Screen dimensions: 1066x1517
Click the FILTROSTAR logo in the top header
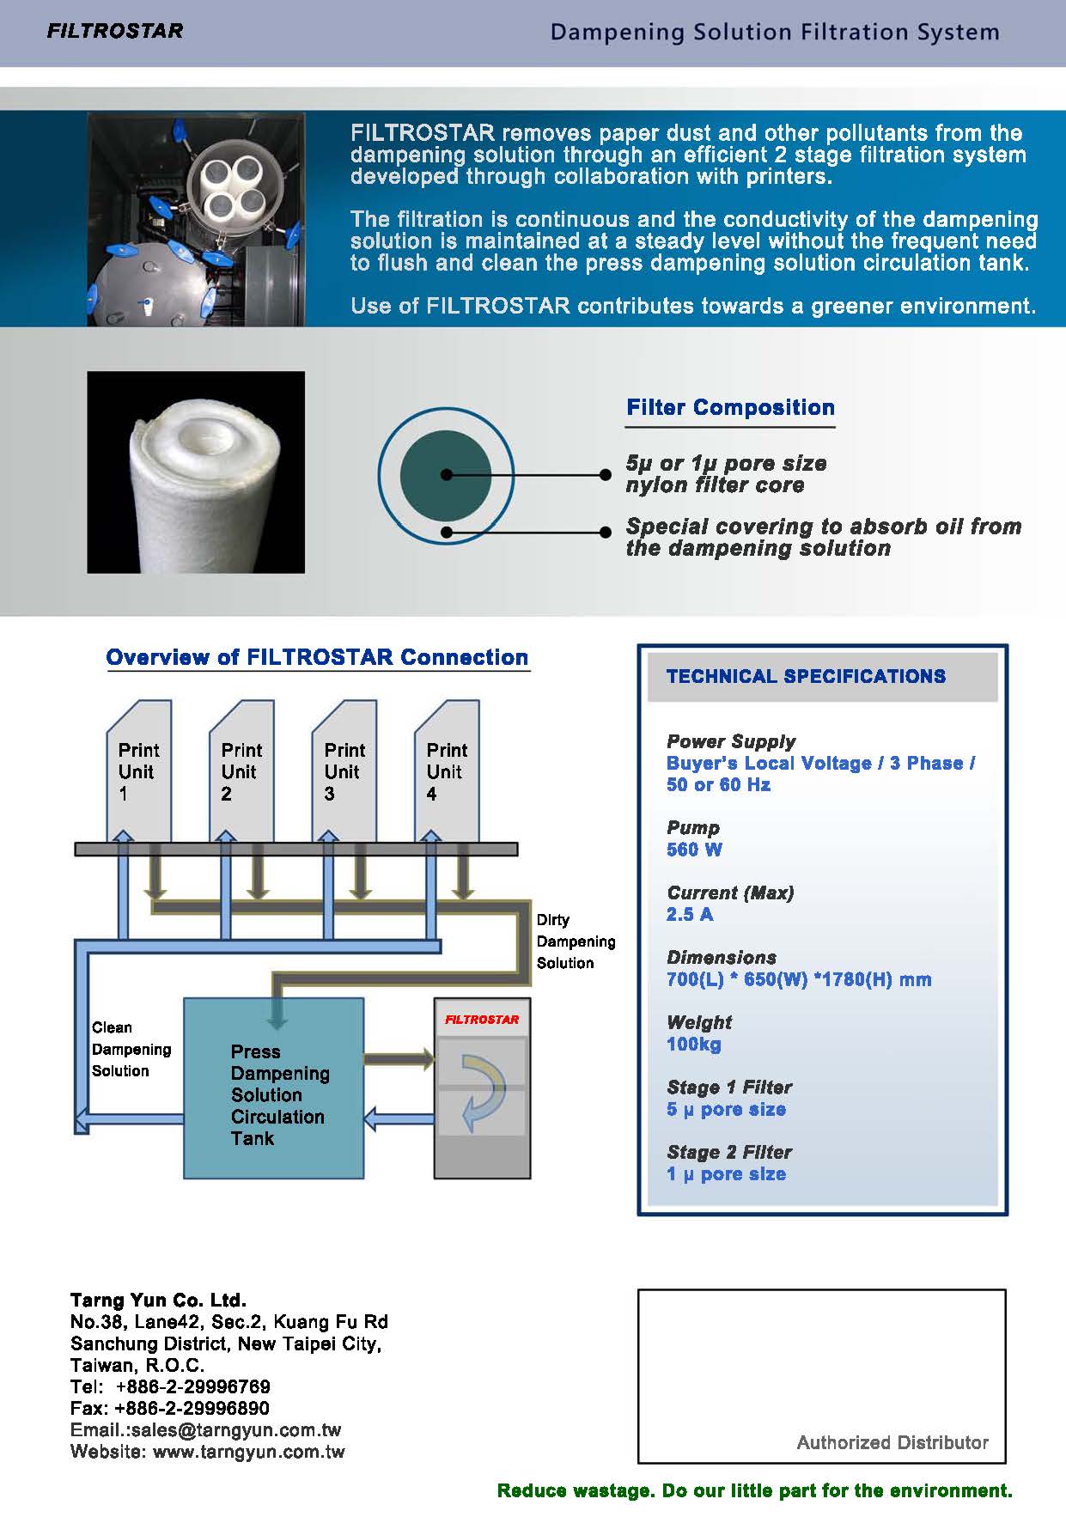point(114,32)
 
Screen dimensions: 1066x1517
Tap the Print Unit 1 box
point(139,771)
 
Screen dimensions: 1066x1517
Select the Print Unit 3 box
point(344,771)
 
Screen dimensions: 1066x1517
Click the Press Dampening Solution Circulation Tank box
point(274,1087)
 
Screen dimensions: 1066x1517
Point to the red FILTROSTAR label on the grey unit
point(482,1020)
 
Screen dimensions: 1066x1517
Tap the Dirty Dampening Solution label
point(576,941)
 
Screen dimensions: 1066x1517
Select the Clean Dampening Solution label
point(131,1049)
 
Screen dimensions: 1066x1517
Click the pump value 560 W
point(694,850)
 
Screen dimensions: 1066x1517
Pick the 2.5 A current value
point(690,914)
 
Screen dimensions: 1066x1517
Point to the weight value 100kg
point(694,1045)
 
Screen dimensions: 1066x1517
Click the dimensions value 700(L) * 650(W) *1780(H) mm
point(799,979)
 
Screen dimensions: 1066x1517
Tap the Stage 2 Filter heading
point(729,1152)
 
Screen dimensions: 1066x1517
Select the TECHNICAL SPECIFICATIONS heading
point(806,676)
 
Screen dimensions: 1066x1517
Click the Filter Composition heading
point(730,407)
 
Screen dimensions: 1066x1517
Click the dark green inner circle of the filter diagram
point(446,474)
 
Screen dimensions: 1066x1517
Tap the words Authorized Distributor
point(892,1442)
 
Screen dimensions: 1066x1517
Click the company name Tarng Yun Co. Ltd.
point(158,1300)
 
